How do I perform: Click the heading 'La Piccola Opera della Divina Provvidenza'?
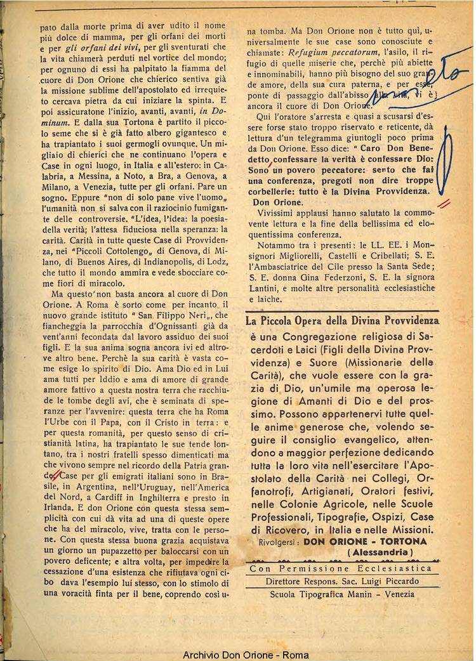point(342,321)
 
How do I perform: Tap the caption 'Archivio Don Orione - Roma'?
point(237,655)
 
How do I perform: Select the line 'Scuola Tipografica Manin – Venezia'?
point(341,594)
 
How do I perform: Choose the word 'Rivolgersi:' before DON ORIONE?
point(279,542)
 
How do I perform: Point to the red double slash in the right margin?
point(445,204)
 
